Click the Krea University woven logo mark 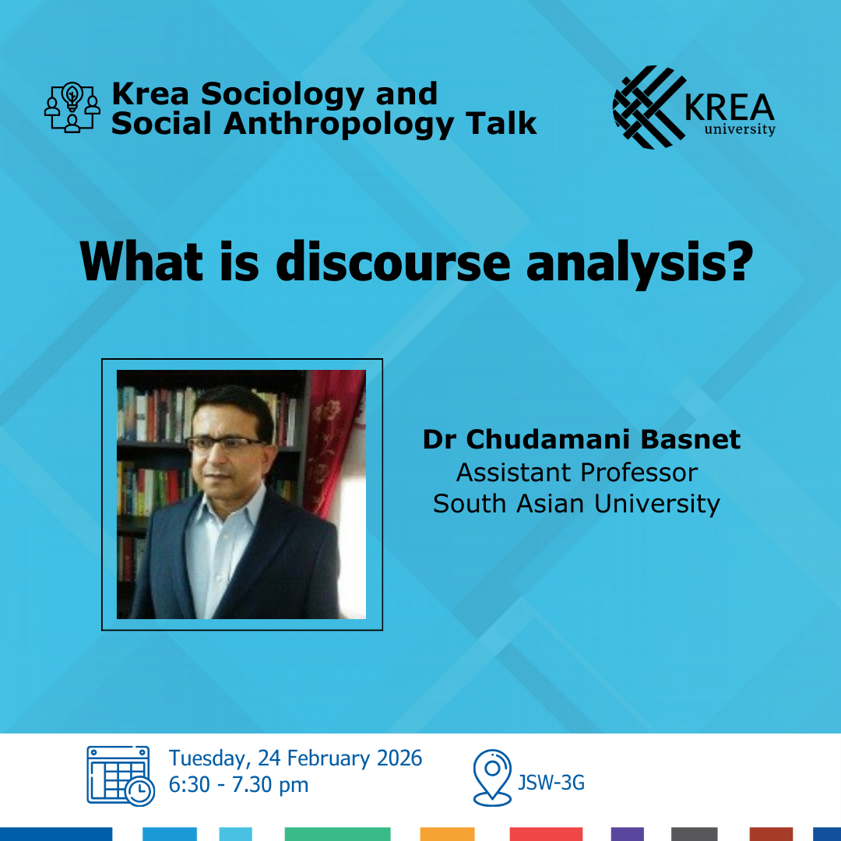click(648, 107)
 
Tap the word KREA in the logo click(730, 107)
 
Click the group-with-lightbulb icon click(72, 107)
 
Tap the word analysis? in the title click(639, 263)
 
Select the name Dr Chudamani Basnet click(582, 440)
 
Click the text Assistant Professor click(577, 472)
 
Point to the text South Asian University click(577, 504)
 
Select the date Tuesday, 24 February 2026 click(296, 758)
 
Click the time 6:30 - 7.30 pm click(239, 785)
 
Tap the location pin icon click(492, 776)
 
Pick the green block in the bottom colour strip click(337, 834)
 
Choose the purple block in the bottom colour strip click(627, 834)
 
